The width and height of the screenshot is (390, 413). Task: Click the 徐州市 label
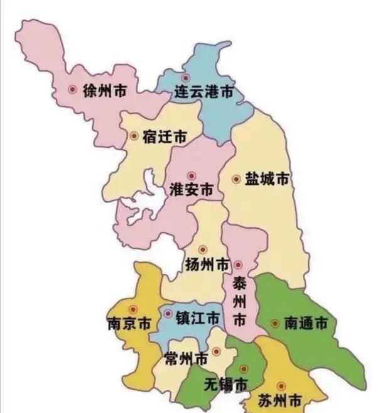(105, 91)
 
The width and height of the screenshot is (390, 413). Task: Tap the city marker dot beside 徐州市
(73, 90)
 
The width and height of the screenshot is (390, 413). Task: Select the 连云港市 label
(203, 93)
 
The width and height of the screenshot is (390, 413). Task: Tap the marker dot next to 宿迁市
(134, 136)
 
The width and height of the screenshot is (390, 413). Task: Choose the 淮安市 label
(191, 189)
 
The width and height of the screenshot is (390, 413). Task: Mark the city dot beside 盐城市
(236, 179)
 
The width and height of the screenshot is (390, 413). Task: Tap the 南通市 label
(306, 324)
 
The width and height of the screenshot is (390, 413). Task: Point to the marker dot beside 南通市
(274, 324)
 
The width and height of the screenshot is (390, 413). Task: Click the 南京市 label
(129, 324)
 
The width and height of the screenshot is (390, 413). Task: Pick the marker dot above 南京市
(133, 309)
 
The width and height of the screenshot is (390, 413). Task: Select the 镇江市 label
(197, 317)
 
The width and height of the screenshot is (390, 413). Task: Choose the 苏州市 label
(280, 400)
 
